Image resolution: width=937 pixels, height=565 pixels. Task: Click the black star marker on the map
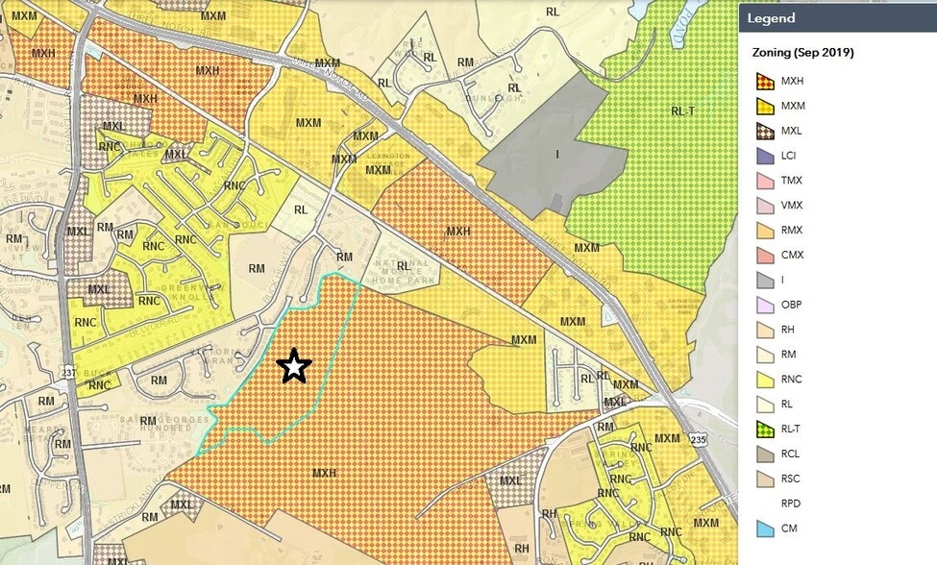[294, 366]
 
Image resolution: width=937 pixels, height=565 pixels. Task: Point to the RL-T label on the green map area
[681, 111]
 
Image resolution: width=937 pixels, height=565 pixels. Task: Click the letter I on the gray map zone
[555, 152]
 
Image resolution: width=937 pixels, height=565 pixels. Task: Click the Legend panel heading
[772, 18]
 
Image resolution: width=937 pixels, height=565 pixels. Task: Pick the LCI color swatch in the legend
[765, 156]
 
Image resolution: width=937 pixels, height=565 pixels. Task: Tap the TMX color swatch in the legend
[765, 181]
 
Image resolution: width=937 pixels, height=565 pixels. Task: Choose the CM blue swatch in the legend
[765, 528]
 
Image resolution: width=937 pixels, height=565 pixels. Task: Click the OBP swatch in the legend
[765, 306]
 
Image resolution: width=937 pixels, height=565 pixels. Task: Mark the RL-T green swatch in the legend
[765, 430]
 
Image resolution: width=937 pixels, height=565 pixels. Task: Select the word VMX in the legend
[792, 206]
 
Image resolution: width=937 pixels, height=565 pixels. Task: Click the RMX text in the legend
[792, 231]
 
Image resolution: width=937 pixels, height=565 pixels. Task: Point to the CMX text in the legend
[792, 256]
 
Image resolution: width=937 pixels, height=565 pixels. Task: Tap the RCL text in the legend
[791, 454]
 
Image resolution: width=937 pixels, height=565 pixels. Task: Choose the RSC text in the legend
[791, 479]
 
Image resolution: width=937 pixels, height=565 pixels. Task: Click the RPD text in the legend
[791, 504]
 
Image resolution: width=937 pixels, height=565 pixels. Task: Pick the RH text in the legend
[787, 330]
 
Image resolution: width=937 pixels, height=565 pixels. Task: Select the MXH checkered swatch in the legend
[765, 82]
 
